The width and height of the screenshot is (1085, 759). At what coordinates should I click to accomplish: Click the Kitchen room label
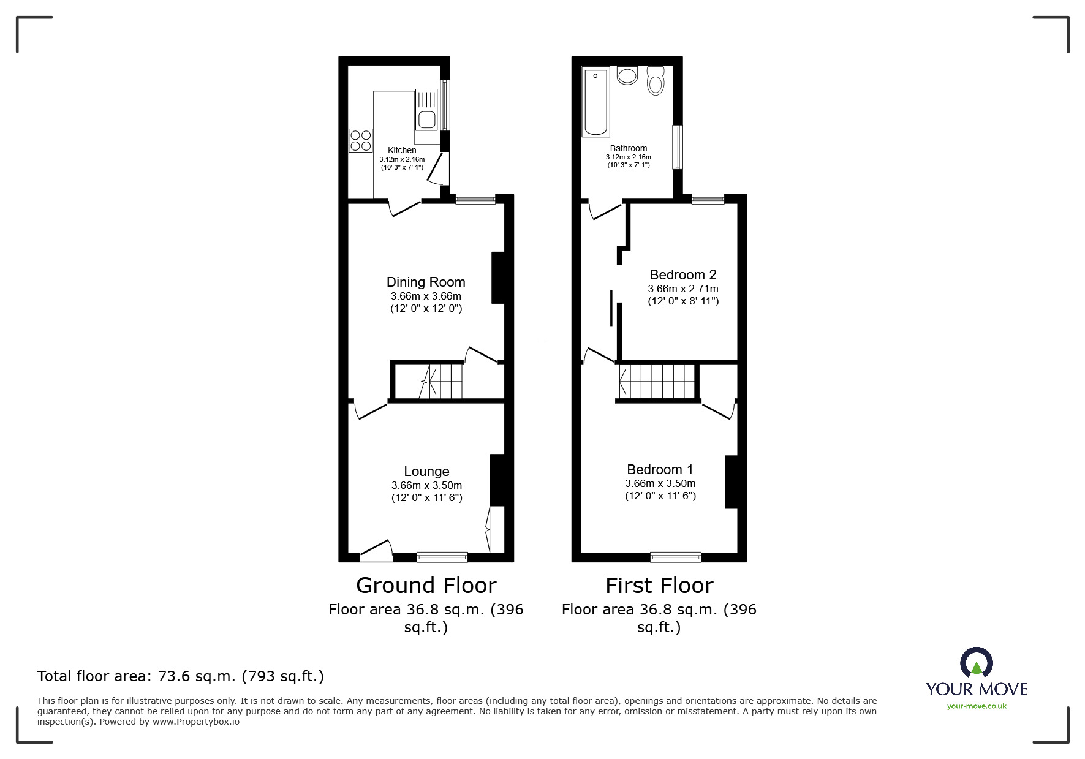402,150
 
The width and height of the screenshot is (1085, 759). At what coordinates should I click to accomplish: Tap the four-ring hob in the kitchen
360,140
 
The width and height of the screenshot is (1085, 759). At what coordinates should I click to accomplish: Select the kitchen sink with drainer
426,110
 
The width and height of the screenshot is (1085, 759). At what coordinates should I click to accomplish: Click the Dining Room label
426,282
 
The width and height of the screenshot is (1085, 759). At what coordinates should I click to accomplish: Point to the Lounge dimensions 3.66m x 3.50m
426,485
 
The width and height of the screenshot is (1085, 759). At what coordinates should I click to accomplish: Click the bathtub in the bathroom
595,102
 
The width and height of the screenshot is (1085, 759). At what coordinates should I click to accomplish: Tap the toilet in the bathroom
656,81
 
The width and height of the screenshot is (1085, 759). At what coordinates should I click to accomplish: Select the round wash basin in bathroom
627,76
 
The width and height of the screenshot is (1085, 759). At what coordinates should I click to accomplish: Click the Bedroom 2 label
683,275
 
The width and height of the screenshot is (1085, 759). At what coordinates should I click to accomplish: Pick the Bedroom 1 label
660,470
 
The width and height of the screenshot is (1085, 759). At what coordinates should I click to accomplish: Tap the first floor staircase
657,382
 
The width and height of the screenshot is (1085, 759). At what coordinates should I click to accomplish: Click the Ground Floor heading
426,586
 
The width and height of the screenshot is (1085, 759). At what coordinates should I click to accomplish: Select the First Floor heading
659,586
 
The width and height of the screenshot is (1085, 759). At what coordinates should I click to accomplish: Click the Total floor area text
181,676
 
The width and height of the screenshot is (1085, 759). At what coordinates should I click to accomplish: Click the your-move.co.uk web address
977,706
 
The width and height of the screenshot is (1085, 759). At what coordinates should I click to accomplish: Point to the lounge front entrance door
376,552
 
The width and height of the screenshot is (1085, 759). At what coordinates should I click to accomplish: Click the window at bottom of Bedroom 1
676,557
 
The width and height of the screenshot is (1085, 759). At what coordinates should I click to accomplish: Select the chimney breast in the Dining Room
498,278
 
